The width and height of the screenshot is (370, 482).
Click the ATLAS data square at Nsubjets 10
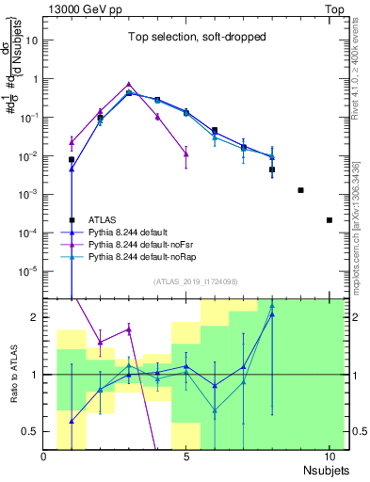(x=329, y=220)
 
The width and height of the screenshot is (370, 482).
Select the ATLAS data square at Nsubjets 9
(x=300, y=190)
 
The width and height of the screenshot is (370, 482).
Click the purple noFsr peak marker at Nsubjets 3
(x=129, y=84)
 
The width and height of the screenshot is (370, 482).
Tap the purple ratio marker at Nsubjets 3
(x=129, y=329)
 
